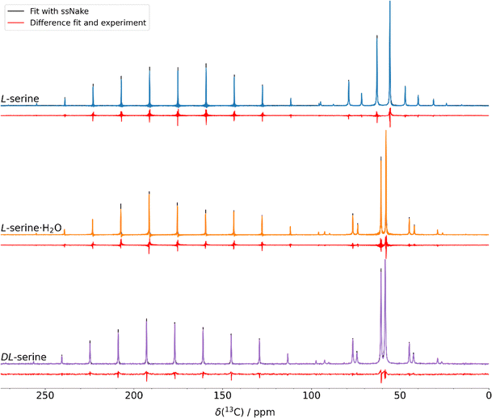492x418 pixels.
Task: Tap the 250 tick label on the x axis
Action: pyautogui.click(x=45, y=395)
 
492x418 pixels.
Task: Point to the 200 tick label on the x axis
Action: pyautogui.click(x=134, y=395)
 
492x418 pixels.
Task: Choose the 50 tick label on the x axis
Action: pyautogui.click(x=400, y=395)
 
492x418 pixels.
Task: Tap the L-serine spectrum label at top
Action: pyautogui.click(x=21, y=99)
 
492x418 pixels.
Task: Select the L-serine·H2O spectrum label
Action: pyautogui.click(x=32, y=228)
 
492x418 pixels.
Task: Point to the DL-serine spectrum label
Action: pyautogui.click(x=23, y=356)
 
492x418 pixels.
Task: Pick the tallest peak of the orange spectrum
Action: pyautogui.click(x=386, y=134)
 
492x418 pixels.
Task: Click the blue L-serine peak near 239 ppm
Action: pyautogui.click(x=65, y=99)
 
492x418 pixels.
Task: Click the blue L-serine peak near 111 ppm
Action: pyautogui.click(x=291, y=100)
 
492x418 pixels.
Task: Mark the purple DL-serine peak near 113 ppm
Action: pyautogui.click(x=288, y=355)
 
